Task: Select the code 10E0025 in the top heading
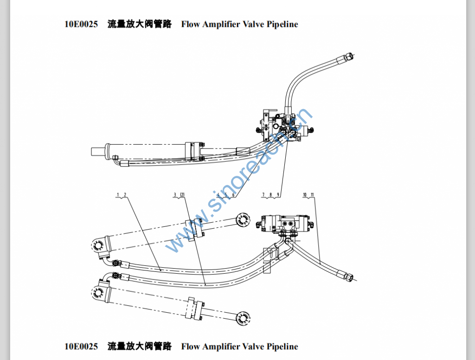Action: (x=81, y=24)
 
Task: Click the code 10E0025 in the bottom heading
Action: (x=81, y=347)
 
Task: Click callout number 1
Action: (x=118, y=194)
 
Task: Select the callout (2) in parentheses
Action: (x=182, y=194)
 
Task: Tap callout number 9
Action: (x=278, y=194)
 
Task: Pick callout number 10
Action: (x=305, y=194)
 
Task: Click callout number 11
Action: (x=313, y=194)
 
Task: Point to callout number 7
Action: (x=263, y=194)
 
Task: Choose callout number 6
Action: (x=233, y=194)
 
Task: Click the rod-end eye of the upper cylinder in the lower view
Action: (x=242, y=220)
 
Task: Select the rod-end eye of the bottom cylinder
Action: (x=242, y=317)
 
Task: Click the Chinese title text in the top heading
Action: (x=139, y=24)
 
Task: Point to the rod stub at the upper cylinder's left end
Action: (x=98, y=151)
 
